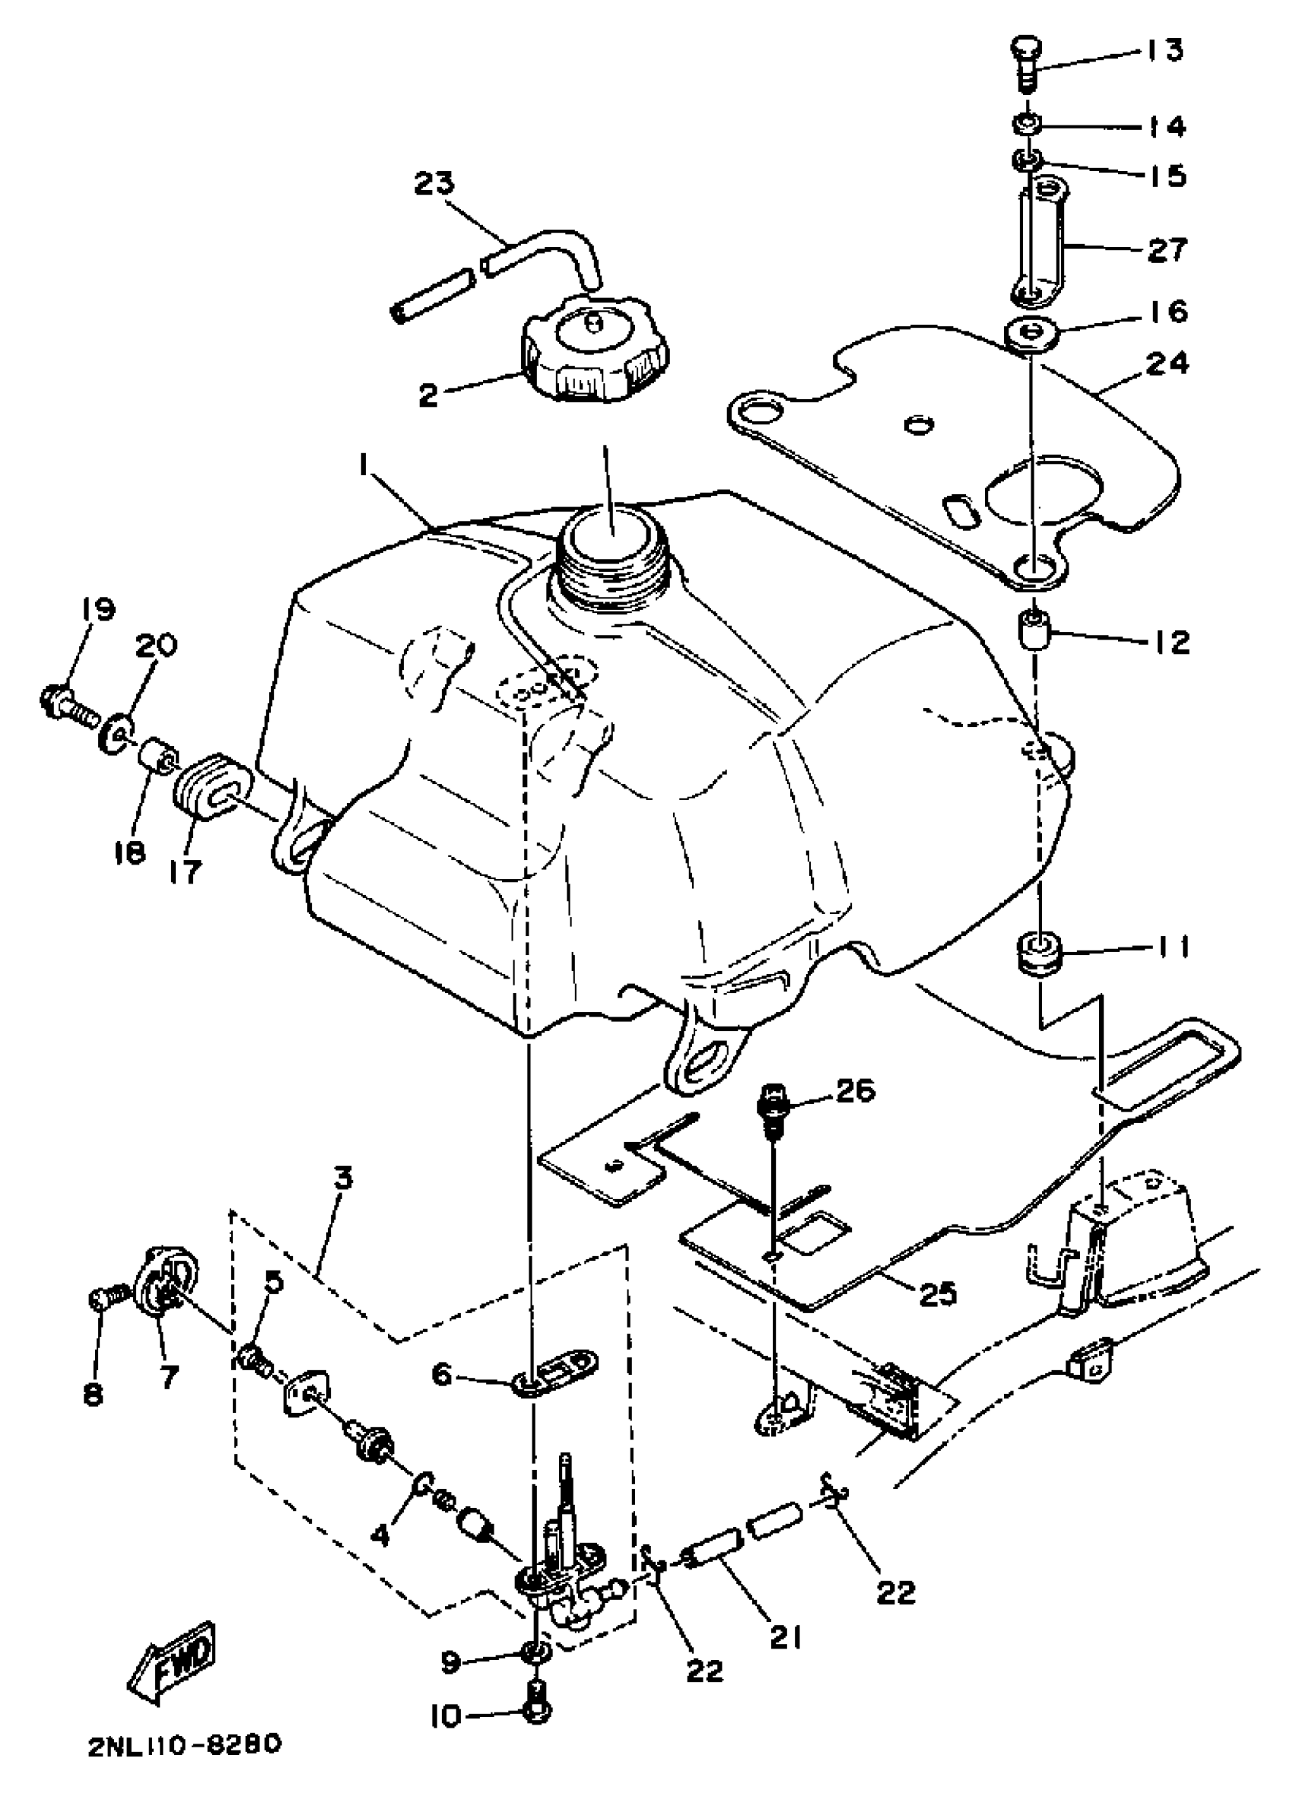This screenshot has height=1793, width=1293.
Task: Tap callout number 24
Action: (1167, 363)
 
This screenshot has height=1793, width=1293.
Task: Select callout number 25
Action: (938, 1294)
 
